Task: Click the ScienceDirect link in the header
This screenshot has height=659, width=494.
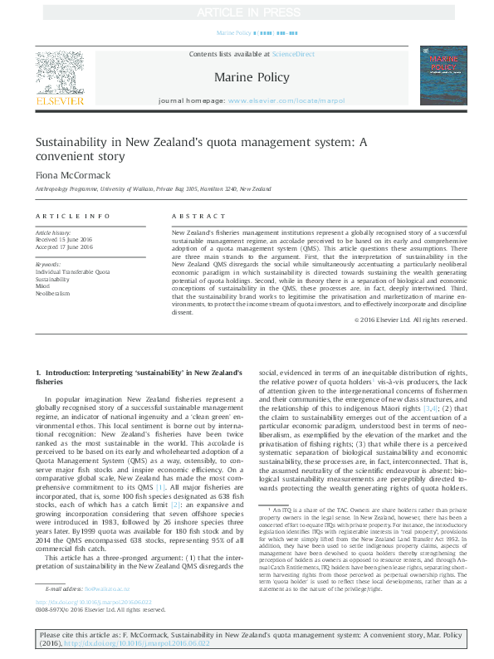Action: [296, 54]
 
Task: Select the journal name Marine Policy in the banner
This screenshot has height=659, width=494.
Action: [247, 76]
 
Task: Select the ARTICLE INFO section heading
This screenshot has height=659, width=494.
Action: [72, 216]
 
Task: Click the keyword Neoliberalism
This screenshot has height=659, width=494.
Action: [52, 293]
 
